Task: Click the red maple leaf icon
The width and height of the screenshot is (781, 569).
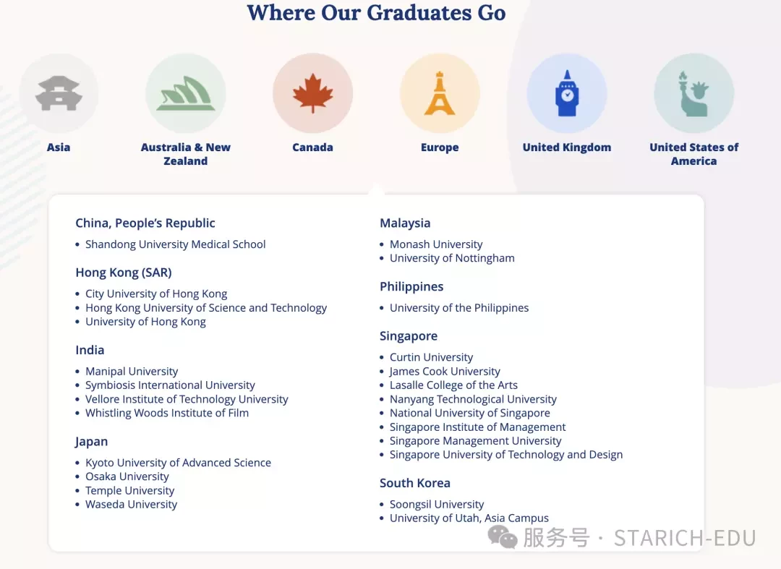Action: tap(313, 93)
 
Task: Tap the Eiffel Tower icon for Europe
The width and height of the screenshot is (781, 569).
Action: tap(440, 93)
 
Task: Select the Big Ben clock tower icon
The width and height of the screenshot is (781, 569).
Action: tap(567, 93)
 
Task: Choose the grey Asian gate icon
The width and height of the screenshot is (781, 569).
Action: tap(59, 93)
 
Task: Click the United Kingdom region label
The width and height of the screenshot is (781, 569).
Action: tap(567, 147)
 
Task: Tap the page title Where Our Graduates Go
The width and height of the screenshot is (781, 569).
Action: tap(377, 12)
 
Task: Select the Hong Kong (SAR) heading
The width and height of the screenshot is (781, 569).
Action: tap(124, 273)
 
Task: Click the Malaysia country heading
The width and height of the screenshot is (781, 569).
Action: tap(405, 223)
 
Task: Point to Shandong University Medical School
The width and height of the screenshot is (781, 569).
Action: tap(175, 244)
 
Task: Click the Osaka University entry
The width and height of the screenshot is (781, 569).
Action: tap(127, 476)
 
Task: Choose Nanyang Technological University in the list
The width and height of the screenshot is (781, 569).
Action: tap(473, 399)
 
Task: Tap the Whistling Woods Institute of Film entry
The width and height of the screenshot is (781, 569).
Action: tap(167, 413)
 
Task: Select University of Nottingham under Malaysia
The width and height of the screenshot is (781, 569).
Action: tap(452, 258)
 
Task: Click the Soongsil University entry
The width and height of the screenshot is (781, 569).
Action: tap(437, 504)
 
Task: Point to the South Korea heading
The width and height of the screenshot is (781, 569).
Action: tap(415, 483)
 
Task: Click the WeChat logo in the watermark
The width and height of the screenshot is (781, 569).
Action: tap(502, 538)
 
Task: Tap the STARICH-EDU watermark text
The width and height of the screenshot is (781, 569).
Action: tap(685, 538)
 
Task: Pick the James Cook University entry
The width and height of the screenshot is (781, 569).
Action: tap(445, 372)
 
